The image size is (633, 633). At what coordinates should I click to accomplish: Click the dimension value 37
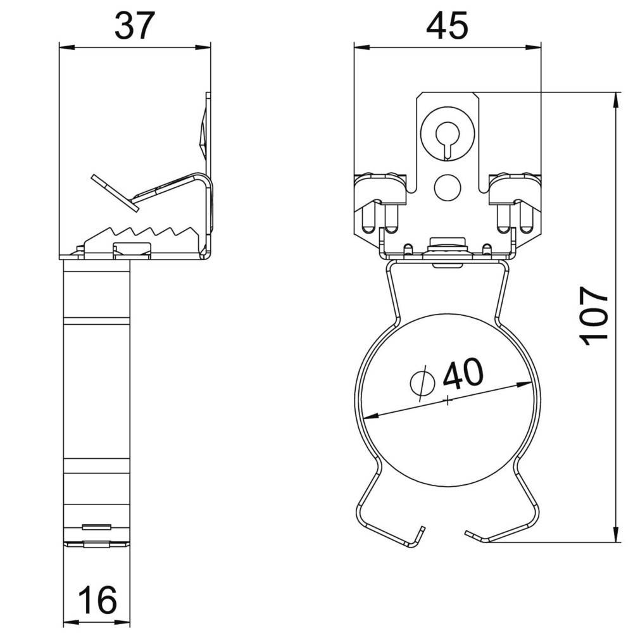click(x=135, y=26)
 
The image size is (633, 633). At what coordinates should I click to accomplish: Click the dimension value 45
click(x=448, y=26)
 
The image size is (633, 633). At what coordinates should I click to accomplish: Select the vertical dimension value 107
click(x=594, y=316)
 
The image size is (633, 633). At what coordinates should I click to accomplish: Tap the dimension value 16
click(x=97, y=600)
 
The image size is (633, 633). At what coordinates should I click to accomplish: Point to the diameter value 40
click(x=463, y=374)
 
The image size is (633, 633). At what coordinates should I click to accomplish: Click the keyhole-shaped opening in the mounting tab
click(x=447, y=139)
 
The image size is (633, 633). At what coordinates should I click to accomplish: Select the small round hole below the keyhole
click(x=448, y=187)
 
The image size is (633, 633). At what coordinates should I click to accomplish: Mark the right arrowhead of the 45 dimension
click(x=533, y=47)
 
